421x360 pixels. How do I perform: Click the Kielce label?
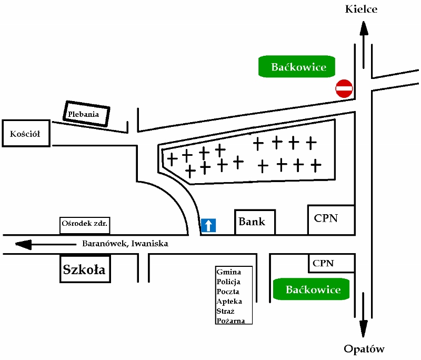pyautogui.click(x=361, y=9)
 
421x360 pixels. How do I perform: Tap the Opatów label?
pyautogui.click(x=364, y=349)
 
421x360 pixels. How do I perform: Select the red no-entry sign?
pyautogui.click(x=344, y=88)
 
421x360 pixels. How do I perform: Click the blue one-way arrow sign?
pyautogui.click(x=208, y=225)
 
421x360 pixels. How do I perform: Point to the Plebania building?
pyautogui.click(x=87, y=114)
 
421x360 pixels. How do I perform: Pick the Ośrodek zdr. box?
pyautogui.click(x=85, y=224)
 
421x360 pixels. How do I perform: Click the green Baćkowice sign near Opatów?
pyautogui.click(x=313, y=289)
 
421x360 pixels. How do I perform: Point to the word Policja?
pyautogui.click(x=228, y=282)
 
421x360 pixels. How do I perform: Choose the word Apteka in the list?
pyautogui.click(x=229, y=301)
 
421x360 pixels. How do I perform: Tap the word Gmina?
pyautogui.click(x=228, y=272)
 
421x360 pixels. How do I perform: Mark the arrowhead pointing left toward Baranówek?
pyautogui.click(x=24, y=244)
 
